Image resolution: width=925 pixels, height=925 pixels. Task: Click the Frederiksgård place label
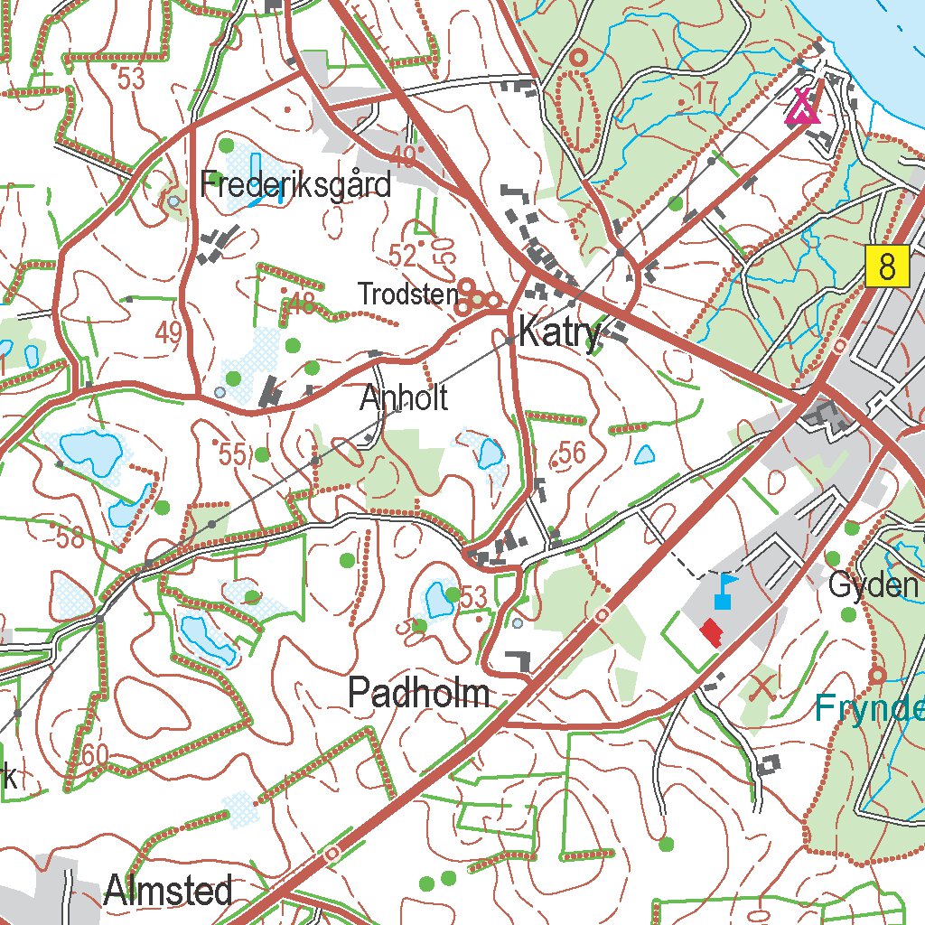296,185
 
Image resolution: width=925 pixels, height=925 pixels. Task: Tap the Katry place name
559,333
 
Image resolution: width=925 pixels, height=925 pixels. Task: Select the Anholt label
403,398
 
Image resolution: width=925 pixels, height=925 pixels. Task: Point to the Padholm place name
419,694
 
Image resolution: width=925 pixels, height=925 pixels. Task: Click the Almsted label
169,892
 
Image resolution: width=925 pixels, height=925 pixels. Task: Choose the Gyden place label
873,586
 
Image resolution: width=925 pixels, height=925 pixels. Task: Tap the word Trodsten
407,294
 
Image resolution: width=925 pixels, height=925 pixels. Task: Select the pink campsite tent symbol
802,106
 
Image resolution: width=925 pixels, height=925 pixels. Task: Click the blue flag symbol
724,591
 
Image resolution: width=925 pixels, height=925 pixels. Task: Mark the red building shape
713,631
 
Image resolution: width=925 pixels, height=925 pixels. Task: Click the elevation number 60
95,753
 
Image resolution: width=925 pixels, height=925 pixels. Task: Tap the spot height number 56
572,453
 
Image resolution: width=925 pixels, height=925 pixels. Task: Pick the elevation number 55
232,455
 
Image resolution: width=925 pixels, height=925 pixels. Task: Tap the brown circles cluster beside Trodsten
477,297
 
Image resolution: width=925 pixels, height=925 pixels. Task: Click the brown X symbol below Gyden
762,685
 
